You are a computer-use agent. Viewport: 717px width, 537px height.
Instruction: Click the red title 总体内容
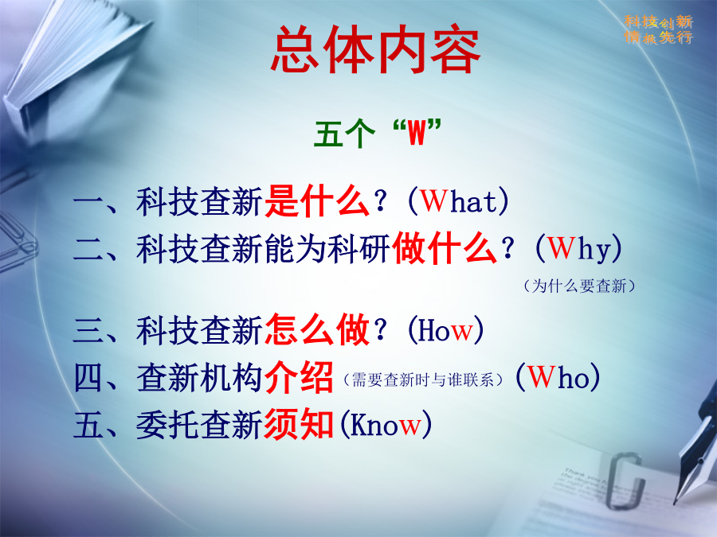pyautogui.click(x=375, y=50)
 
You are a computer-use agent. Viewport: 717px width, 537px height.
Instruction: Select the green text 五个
pyautogui.click(x=344, y=134)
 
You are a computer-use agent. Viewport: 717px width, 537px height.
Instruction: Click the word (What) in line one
pyautogui.click(x=458, y=201)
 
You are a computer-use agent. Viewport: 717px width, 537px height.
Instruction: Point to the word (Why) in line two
pyautogui.click(x=578, y=249)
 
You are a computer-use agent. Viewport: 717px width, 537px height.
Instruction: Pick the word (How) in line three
pyautogui.click(x=445, y=329)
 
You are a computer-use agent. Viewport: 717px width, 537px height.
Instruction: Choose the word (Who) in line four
pyautogui.click(x=558, y=377)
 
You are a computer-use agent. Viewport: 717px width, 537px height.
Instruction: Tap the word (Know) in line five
pyautogui.click(x=386, y=424)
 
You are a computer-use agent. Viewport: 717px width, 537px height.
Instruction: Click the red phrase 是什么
pyautogui.click(x=316, y=201)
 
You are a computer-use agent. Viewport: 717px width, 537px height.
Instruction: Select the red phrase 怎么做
pyautogui.click(x=316, y=329)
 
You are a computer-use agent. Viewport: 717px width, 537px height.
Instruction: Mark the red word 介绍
pyautogui.click(x=299, y=378)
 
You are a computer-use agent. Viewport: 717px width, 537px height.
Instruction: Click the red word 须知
pyautogui.click(x=299, y=424)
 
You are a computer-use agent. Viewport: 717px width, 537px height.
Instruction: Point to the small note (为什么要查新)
pyautogui.click(x=579, y=286)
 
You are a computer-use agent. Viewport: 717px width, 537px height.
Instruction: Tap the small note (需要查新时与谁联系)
pyautogui.click(x=423, y=379)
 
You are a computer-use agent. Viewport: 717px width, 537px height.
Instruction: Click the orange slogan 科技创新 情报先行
pyautogui.click(x=659, y=29)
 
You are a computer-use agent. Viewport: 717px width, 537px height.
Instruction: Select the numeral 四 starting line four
pyautogui.click(x=88, y=378)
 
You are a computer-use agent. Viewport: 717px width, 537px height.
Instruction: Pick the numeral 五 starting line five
pyautogui.click(x=88, y=425)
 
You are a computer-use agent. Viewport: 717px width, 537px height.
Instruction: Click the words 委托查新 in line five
pyautogui.click(x=199, y=425)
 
